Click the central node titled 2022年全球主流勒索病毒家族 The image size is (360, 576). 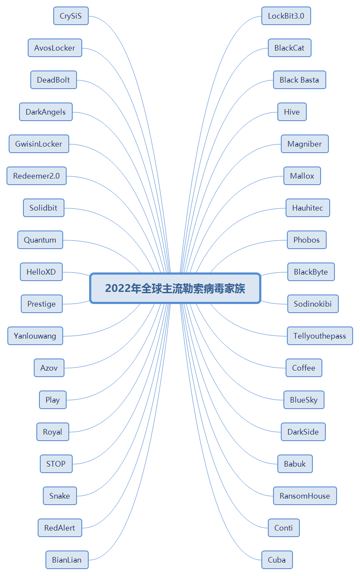175,288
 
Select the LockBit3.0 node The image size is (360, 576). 286,16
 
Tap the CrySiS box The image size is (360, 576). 71,16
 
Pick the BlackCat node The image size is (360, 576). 289,48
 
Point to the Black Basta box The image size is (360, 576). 299,80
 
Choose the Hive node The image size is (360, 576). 292,112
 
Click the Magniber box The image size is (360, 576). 305,144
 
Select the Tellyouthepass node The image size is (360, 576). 320,336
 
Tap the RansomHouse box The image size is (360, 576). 305,496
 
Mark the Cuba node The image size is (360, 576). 277,560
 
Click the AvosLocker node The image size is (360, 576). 55,48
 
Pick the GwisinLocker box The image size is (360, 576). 39,144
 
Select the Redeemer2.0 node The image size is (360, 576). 37,176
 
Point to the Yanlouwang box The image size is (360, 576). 35,336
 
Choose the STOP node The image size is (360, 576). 56,464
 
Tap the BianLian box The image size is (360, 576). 67,560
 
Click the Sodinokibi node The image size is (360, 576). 313,304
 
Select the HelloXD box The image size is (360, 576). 41,272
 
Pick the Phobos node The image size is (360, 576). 307,240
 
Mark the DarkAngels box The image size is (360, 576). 46,112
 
